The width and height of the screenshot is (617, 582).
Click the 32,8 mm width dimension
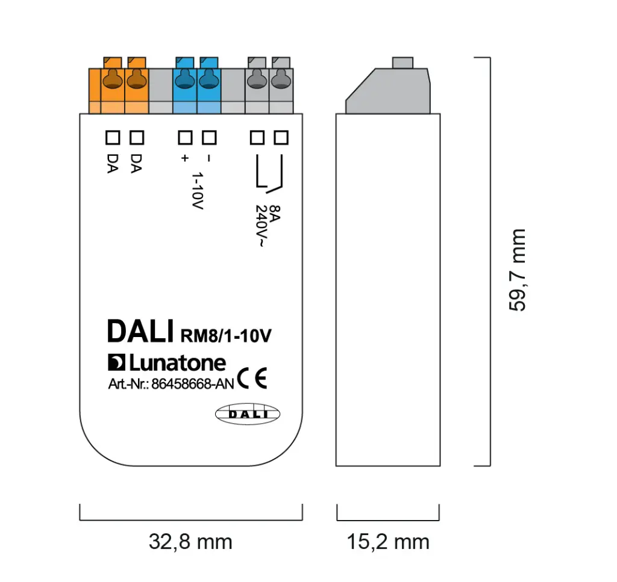click(190, 542)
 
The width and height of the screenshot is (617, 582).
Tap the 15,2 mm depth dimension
click(387, 542)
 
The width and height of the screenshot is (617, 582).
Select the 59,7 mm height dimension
click(517, 270)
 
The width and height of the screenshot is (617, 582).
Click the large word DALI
click(140, 332)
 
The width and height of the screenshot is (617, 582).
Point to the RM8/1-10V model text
click(225, 336)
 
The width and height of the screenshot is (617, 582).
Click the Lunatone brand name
click(177, 363)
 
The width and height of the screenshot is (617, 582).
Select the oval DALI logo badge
click(248, 413)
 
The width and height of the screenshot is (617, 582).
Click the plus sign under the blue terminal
click(184, 158)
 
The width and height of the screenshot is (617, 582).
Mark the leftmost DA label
click(112, 164)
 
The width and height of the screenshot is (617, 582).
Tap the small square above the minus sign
click(208, 138)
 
